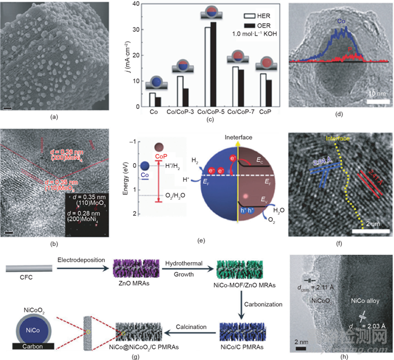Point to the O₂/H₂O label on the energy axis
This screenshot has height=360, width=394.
170,196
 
